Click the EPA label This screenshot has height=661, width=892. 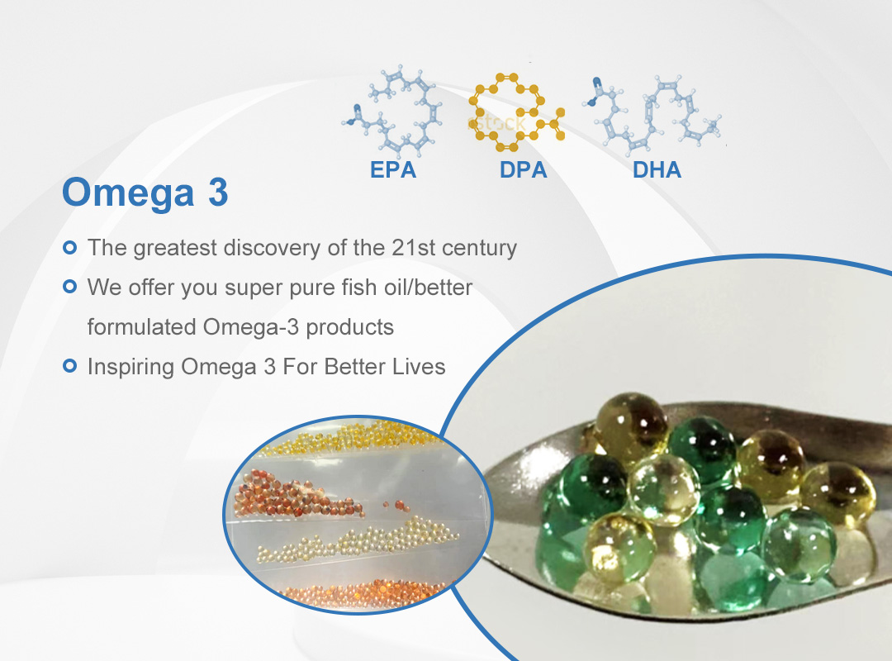coord(393,169)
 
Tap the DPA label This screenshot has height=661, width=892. coord(524,169)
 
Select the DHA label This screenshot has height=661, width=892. coord(657,169)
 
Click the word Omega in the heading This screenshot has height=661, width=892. coord(128,193)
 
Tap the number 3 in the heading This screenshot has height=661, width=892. coord(218,192)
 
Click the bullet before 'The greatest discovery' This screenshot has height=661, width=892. coord(69,248)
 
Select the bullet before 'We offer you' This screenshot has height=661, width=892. coord(69,287)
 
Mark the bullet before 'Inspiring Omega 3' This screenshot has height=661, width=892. coord(69,365)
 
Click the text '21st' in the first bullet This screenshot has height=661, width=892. coord(414,248)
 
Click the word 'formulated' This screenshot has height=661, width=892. coord(142,327)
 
